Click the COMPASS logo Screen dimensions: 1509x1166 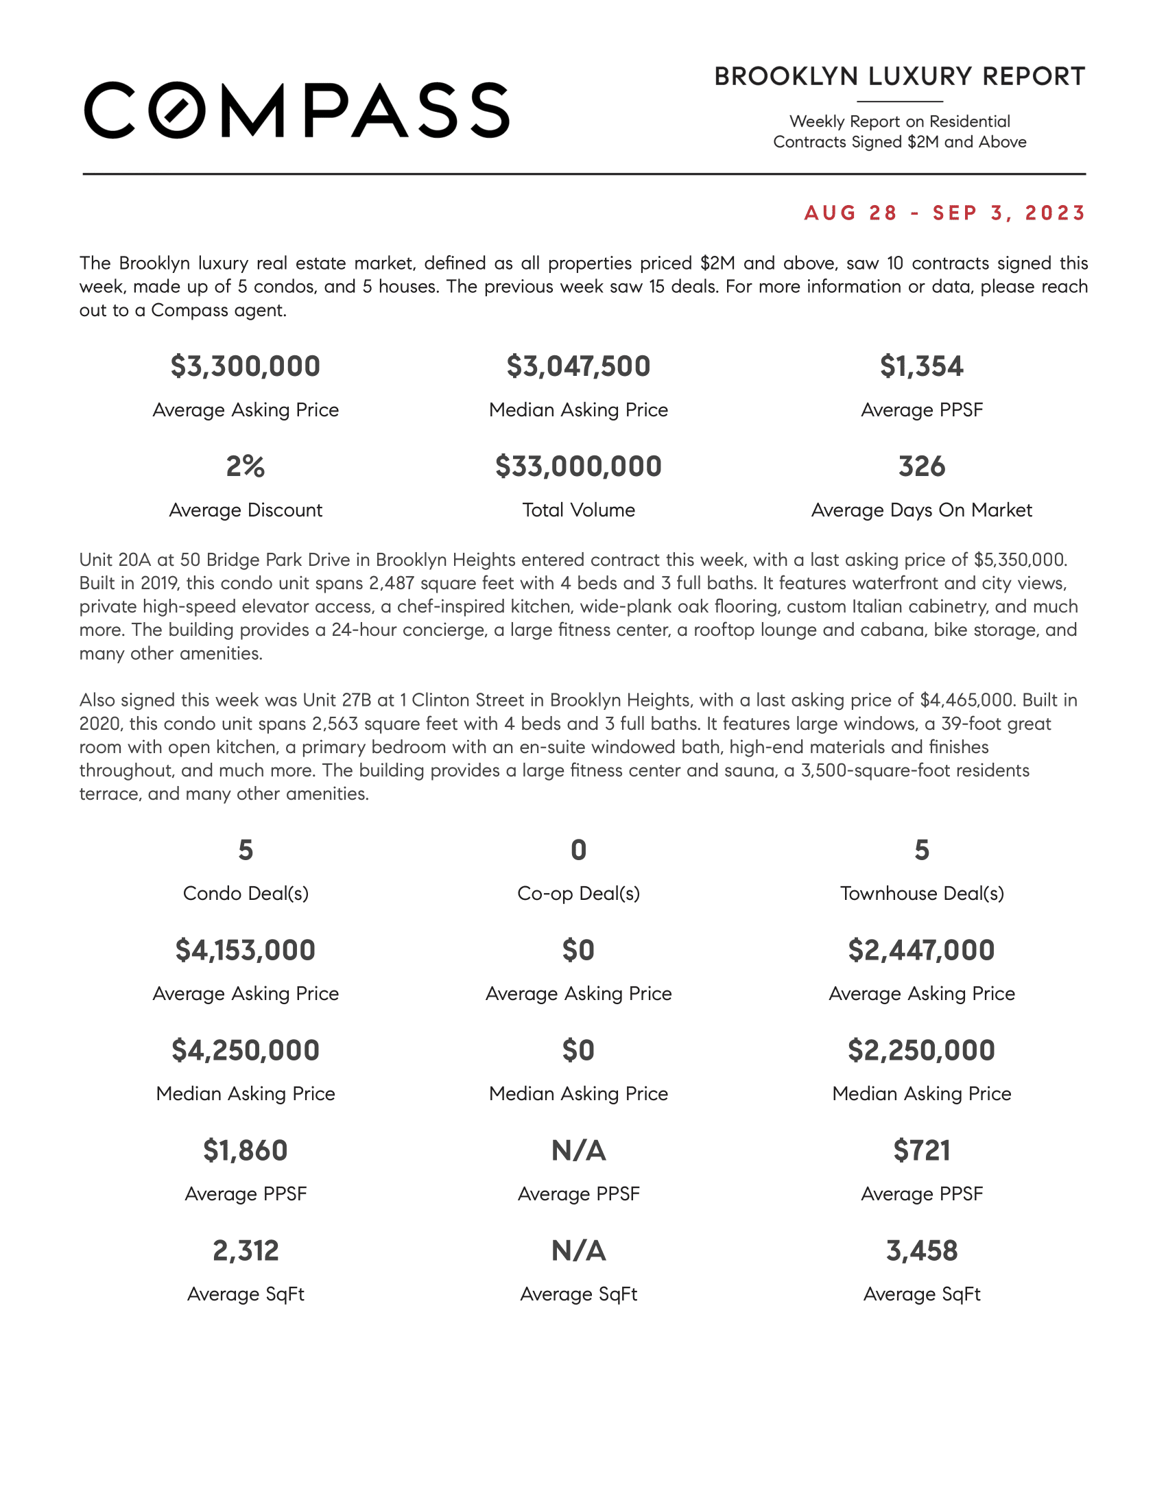click(296, 110)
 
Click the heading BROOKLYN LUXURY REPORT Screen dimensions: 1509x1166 click(899, 77)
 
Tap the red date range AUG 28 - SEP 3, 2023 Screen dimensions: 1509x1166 click(945, 213)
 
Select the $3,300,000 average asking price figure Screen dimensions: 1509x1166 click(246, 366)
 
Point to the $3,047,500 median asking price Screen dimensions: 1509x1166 click(578, 366)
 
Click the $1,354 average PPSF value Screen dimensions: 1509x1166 click(921, 366)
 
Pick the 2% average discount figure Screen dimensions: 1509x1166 click(246, 466)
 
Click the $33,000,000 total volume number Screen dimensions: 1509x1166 click(578, 466)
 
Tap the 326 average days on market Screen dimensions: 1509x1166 click(921, 466)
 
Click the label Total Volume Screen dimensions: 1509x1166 click(578, 510)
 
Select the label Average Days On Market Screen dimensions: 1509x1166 click(921, 510)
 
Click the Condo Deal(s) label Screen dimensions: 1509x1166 click(246, 893)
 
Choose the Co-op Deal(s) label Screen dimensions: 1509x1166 click(578, 893)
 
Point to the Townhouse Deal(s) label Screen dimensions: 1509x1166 click(921, 893)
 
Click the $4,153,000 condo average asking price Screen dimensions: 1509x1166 click(246, 950)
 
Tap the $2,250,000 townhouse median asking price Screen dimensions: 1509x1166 click(921, 1050)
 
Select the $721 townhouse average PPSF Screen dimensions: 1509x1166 click(921, 1150)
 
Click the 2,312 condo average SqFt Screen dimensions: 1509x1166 click(246, 1250)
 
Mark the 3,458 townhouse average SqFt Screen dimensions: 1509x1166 click(921, 1250)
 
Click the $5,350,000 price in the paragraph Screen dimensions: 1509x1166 click(1019, 560)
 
